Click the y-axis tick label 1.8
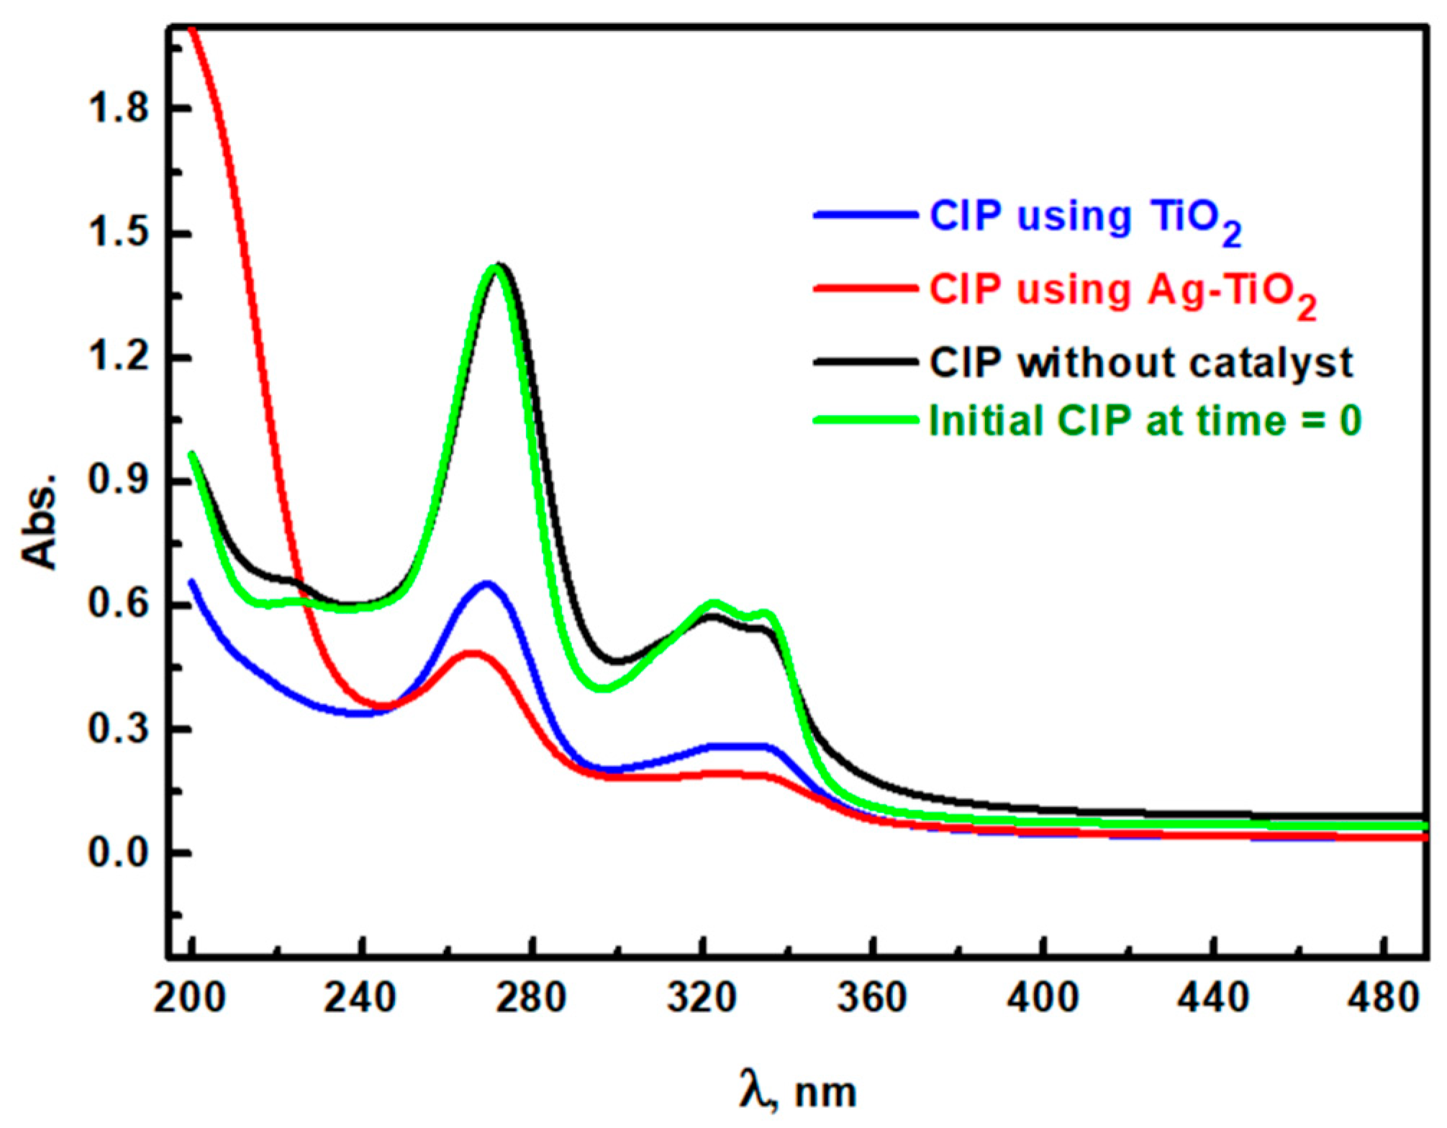[x=117, y=109]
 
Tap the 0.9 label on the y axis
[x=117, y=481]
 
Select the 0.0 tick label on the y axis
[x=117, y=853]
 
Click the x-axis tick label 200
[x=190, y=999]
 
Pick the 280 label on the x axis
[x=531, y=999]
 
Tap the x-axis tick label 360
[x=872, y=999]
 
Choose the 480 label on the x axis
[x=1384, y=999]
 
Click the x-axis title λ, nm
[x=797, y=1091]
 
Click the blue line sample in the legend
[x=866, y=214]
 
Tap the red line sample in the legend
[x=866, y=288]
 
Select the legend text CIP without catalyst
[x=1141, y=363]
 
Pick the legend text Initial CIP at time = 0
[x=1145, y=421]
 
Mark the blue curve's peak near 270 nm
[x=487, y=583]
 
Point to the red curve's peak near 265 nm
[x=473, y=653]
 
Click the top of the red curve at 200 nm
[x=192, y=29]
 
